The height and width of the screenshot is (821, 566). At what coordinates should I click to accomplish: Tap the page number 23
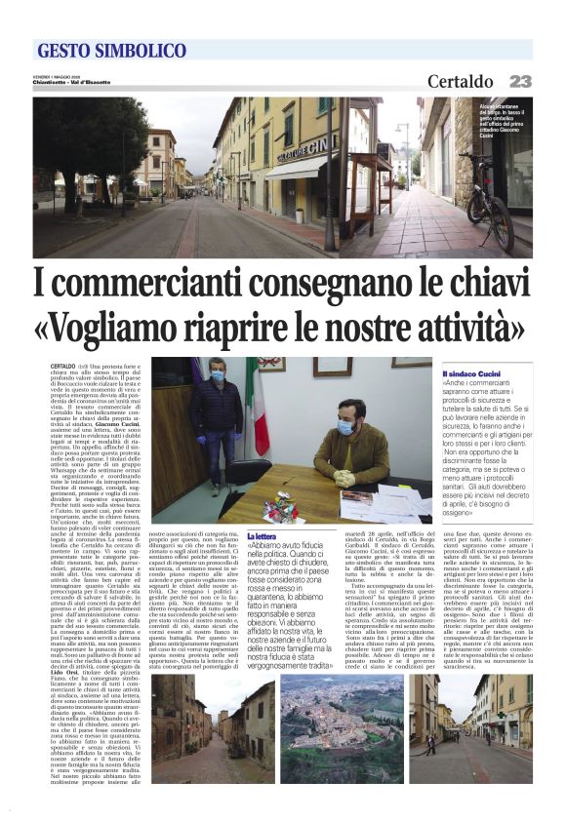coord(520,82)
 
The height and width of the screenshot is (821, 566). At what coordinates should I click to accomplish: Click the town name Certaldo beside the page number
coord(460,82)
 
